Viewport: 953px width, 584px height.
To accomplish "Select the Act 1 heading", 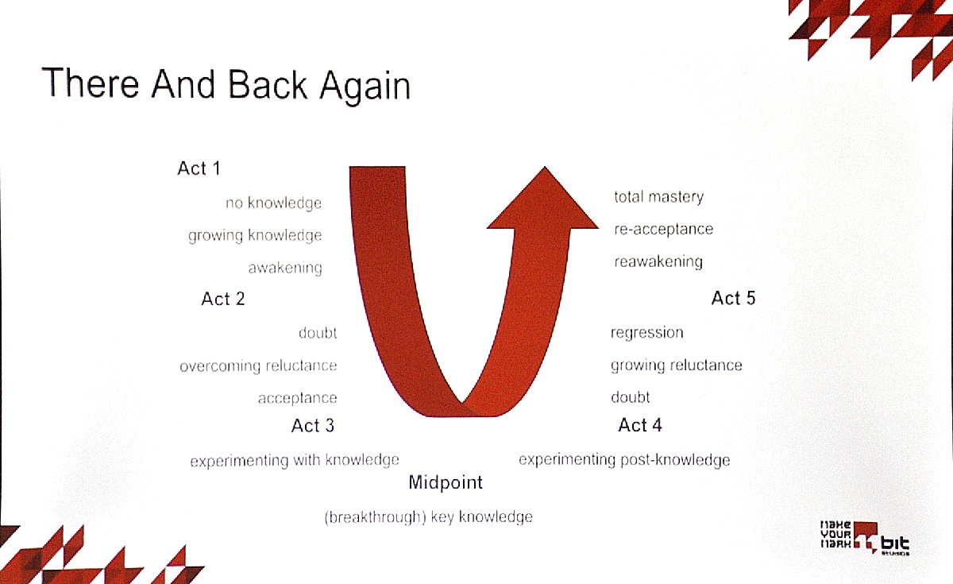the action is point(199,168).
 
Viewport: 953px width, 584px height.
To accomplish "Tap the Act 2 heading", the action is point(223,299).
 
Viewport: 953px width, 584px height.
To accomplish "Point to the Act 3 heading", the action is point(313,426).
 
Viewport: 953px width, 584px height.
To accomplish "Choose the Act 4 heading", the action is point(640,425).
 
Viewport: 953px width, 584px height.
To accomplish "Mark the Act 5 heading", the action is point(733,298).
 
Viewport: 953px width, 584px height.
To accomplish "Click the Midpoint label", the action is point(446,482).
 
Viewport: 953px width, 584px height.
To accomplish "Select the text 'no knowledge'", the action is point(273,203).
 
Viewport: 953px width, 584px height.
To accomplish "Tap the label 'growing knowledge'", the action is point(255,235).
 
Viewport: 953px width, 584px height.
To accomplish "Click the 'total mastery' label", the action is point(658,197).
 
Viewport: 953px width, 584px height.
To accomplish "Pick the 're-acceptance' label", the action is point(663,229).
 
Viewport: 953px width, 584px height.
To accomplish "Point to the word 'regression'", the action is point(646,332).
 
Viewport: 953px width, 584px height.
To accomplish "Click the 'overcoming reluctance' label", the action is point(258,365).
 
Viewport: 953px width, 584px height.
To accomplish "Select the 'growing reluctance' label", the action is point(676,365).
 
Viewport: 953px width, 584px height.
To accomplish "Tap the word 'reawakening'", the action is point(658,261).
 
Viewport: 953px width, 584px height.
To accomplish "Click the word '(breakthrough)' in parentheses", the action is point(375,517).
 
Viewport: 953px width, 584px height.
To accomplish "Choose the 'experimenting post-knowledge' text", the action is point(624,460).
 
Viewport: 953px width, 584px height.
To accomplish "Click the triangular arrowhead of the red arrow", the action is point(543,200).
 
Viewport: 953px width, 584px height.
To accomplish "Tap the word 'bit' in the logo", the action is point(895,543).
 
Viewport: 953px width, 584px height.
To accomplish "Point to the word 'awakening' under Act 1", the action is point(285,269).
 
